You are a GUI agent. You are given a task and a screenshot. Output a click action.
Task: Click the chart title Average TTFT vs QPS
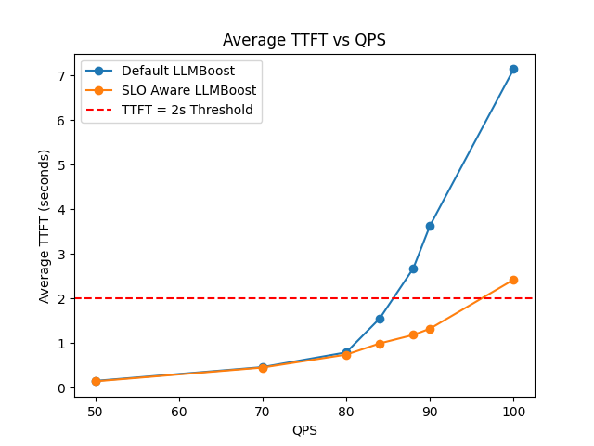pyautogui.click(x=304, y=40)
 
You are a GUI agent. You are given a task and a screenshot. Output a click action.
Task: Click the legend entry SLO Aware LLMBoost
pyautogui.click(x=188, y=90)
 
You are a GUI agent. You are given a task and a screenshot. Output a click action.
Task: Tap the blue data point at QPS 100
pyautogui.click(x=513, y=69)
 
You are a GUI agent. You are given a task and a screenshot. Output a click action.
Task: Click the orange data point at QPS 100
pyautogui.click(x=513, y=280)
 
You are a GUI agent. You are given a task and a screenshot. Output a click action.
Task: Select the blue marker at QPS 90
pyautogui.click(x=430, y=226)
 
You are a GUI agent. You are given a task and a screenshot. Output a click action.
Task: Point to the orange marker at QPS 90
pyautogui.click(x=430, y=329)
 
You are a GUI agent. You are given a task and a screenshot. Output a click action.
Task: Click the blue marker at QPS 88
pyautogui.click(x=413, y=269)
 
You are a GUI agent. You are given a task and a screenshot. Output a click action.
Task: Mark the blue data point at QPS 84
pyautogui.click(x=380, y=319)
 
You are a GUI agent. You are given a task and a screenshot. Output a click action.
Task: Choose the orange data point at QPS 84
pyautogui.click(x=380, y=344)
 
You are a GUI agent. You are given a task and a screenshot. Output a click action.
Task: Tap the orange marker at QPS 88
pyautogui.click(x=413, y=334)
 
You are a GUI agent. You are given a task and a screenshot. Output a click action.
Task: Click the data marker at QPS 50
pyautogui.click(x=96, y=381)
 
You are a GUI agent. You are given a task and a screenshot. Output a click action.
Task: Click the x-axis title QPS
pyautogui.click(x=304, y=430)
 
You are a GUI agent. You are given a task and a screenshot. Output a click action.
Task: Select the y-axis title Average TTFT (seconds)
pyautogui.click(x=45, y=226)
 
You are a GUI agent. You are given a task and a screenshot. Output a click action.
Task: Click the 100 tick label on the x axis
pyautogui.click(x=513, y=410)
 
